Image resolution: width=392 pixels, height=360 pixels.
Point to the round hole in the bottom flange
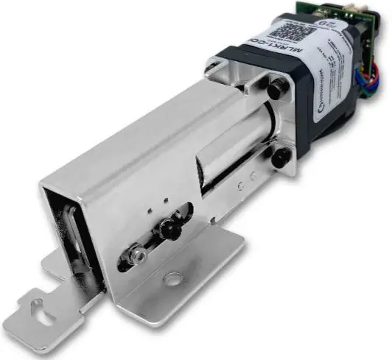[x=173, y=279]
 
